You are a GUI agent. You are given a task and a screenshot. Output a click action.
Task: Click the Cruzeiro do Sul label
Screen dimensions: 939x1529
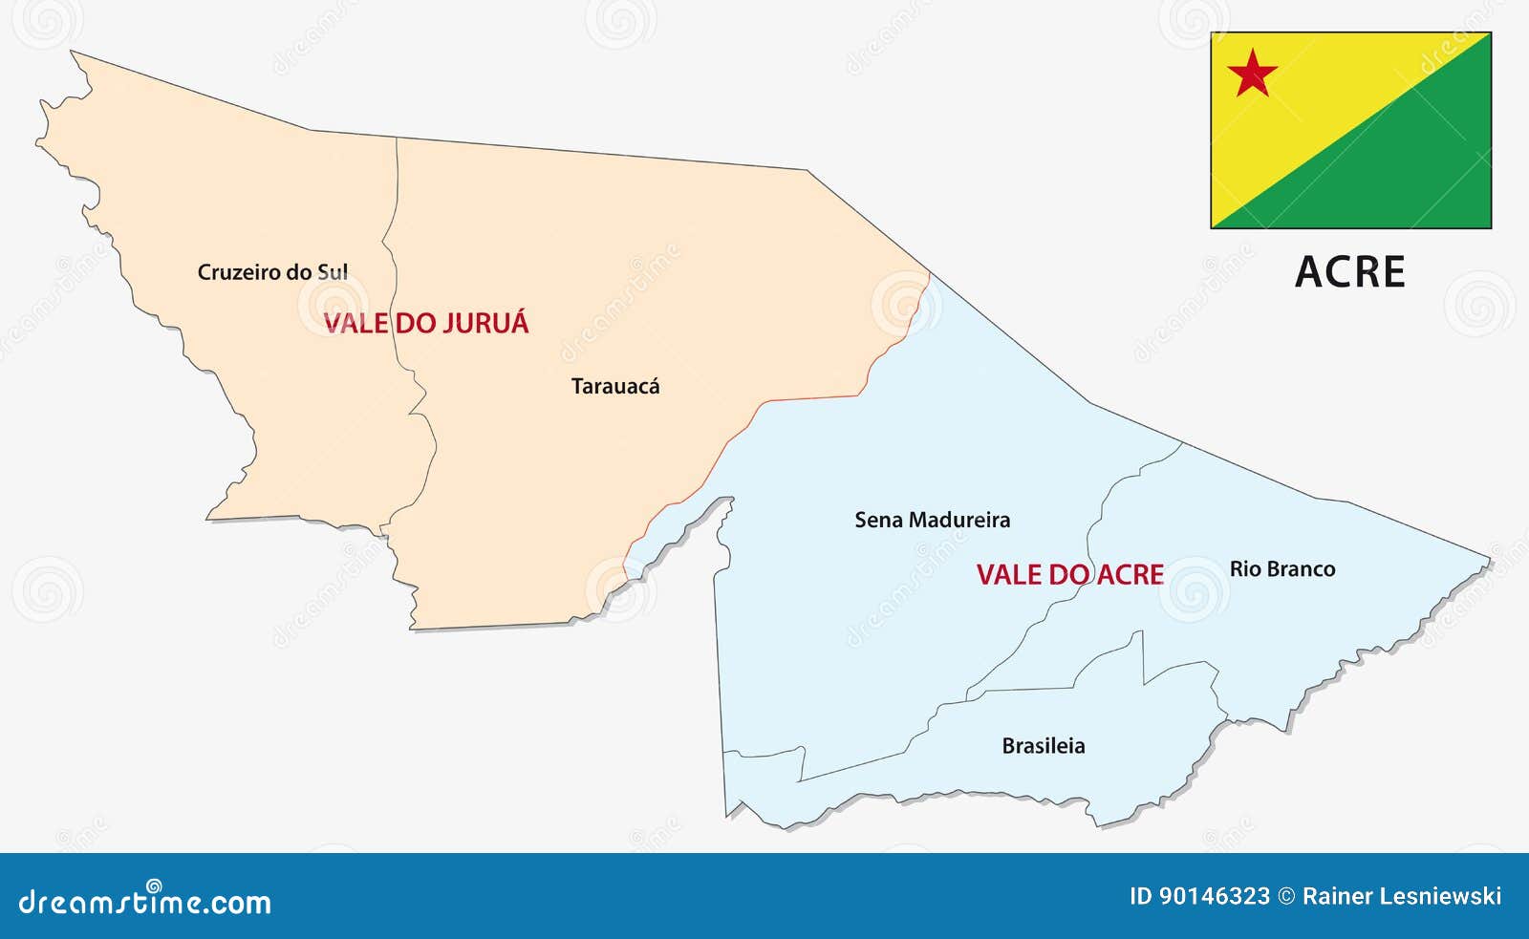click(272, 272)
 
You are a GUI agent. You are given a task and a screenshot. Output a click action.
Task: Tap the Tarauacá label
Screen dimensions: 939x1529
click(615, 387)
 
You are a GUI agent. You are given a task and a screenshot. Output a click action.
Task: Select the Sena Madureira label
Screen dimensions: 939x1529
click(932, 521)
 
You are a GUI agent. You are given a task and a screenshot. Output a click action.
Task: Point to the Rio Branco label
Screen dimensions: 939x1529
click(1282, 569)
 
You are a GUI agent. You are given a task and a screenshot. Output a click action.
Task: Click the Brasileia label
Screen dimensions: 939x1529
click(1044, 746)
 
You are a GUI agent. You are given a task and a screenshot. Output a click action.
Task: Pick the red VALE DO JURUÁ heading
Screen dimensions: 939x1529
click(426, 323)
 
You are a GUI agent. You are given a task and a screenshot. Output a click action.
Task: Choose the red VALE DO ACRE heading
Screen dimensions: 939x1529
click(1069, 575)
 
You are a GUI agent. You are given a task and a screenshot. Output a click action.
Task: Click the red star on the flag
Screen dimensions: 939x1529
click(1252, 74)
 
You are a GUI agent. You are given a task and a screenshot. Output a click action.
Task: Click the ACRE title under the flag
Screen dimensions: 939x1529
click(1349, 272)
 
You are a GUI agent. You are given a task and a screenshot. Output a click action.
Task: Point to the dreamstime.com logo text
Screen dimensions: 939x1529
click(145, 901)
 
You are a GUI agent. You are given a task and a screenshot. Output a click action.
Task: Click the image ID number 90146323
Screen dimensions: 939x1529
click(1214, 896)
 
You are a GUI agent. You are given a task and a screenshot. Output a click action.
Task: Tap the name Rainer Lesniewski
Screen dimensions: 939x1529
click(1402, 896)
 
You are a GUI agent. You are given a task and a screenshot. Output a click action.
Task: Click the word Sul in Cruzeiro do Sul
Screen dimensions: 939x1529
click(333, 272)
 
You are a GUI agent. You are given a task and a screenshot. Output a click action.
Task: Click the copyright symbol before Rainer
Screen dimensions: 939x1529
click(1286, 896)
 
